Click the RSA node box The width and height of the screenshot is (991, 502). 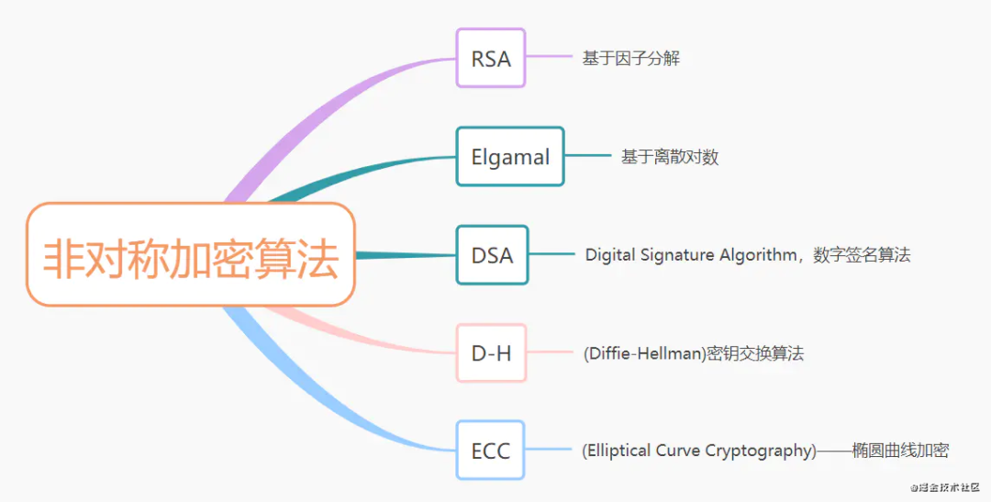click(491, 59)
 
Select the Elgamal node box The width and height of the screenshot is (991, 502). click(510, 157)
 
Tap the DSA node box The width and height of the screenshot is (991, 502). click(493, 255)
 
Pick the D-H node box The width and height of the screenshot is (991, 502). click(492, 352)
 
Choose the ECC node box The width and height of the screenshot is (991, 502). click(491, 451)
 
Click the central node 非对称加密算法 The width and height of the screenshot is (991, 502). click(191, 255)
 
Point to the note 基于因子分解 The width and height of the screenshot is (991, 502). click(630, 59)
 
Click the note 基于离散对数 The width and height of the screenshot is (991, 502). click(669, 157)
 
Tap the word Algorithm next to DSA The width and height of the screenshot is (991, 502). click(758, 255)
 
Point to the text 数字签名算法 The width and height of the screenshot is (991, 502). click(862, 255)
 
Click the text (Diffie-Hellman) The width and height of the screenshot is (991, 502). click(643, 353)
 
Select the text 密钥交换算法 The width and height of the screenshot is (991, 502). click(754, 353)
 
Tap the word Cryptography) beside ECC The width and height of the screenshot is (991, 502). click(760, 451)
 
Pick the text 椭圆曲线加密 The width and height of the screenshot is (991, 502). click(899, 451)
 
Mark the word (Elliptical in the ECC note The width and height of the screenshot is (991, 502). click(618, 451)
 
